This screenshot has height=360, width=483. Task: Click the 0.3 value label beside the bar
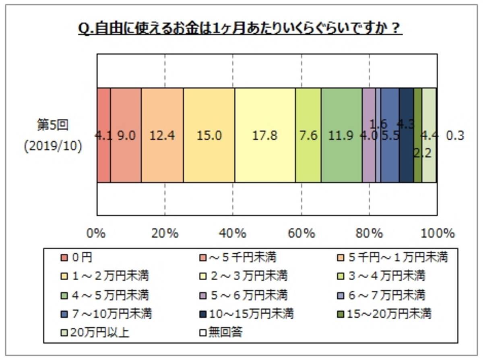pos(455,135)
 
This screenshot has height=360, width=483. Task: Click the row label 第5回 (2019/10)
pos(53,135)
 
